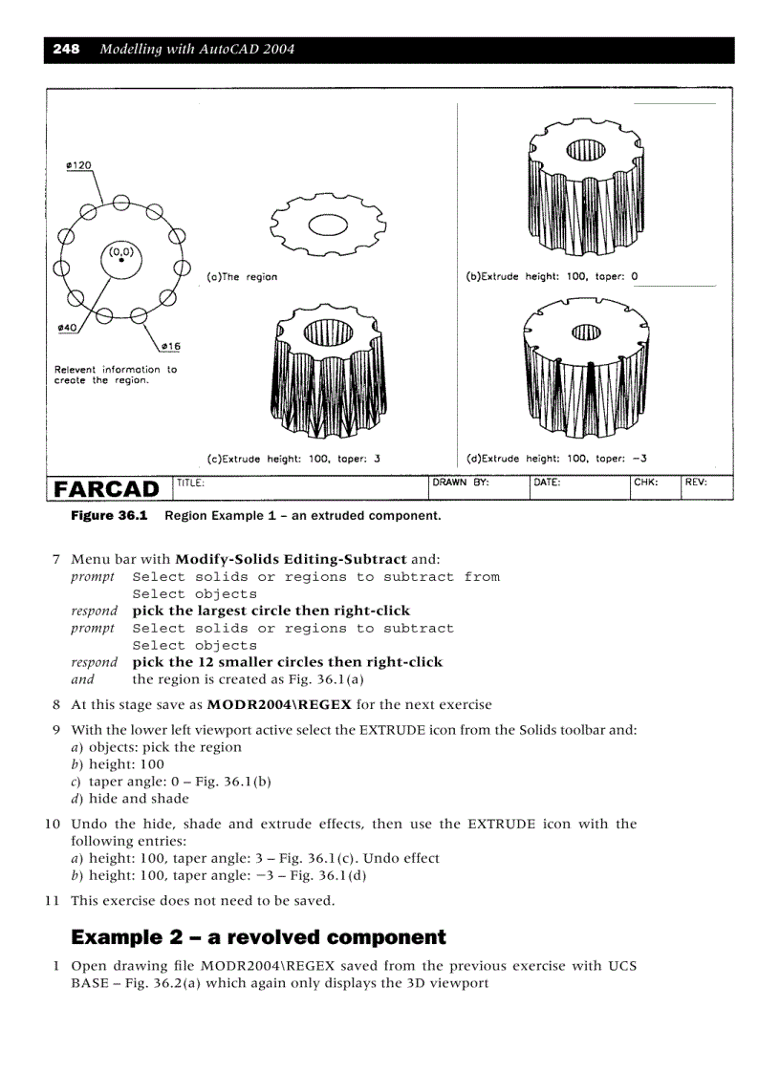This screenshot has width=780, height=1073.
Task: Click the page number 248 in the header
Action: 66,49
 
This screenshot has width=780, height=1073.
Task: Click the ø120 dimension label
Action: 78,165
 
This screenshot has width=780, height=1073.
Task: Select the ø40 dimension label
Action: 67,328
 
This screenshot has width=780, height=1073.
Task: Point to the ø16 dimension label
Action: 170,345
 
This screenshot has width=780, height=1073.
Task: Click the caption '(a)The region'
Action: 242,277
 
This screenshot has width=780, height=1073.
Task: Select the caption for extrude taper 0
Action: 552,277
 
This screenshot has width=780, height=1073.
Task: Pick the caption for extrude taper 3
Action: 293,459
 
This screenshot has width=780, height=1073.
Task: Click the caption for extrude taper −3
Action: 556,459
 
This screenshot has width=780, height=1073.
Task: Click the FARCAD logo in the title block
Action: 107,489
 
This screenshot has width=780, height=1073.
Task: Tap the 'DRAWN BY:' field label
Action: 461,483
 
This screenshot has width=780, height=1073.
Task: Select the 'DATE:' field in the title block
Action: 547,483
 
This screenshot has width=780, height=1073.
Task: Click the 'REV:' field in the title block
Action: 696,483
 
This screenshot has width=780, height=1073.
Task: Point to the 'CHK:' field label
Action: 645,483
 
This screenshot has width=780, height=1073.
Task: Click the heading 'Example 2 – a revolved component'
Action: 259,937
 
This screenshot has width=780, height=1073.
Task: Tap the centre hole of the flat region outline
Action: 330,225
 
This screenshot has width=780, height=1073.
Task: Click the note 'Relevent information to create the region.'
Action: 115,375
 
